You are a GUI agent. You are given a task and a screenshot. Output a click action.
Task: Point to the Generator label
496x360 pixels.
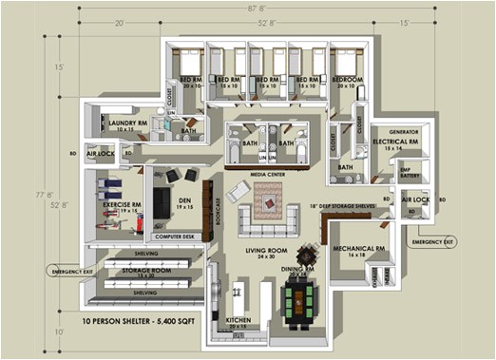[x=406, y=132]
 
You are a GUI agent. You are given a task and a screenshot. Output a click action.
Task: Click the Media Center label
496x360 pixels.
[x=265, y=174]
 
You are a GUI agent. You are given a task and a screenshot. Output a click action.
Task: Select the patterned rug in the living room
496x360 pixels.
[x=270, y=196]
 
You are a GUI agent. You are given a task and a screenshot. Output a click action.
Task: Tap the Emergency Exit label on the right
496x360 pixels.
[x=432, y=242]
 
